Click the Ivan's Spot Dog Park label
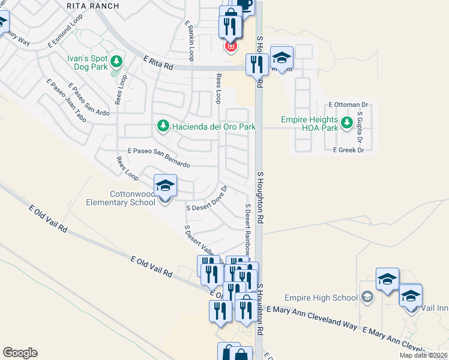(x=85, y=62)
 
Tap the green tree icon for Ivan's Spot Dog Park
(x=116, y=61)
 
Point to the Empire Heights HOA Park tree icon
(x=346, y=123)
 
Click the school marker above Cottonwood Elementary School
(x=165, y=185)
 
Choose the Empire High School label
(x=321, y=298)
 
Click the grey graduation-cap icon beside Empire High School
(x=367, y=297)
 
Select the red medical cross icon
(x=230, y=46)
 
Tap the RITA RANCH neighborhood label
(x=92, y=6)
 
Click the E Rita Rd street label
(x=158, y=63)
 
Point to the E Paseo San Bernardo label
(x=158, y=158)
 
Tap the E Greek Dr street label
(x=348, y=151)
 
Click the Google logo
(x=20, y=353)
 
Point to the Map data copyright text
(x=423, y=355)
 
